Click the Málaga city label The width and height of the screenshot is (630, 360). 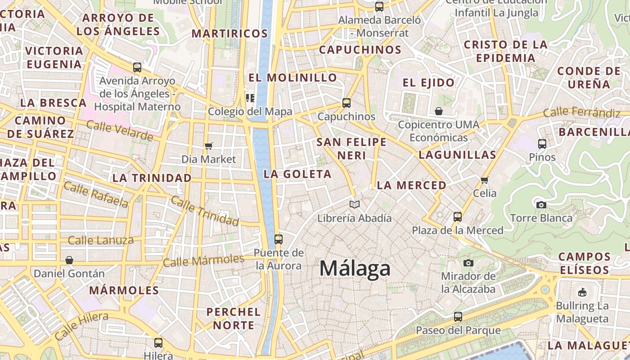click(355, 269)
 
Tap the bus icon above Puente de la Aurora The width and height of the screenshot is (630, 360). click(279, 239)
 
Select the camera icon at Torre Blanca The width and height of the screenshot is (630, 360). click(541, 205)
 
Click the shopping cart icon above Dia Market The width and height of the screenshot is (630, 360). click(208, 146)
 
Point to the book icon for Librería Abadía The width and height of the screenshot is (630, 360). click(355, 205)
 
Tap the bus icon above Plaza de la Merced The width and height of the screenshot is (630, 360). click(458, 217)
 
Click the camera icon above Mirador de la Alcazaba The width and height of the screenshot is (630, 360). click(468, 263)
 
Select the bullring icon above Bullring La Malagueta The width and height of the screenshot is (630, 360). click(582, 292)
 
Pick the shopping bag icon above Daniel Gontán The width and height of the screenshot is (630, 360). click(69, 260)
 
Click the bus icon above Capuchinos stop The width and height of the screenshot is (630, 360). click(346, 103)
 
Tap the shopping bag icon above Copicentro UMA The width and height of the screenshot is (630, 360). click(439, 111)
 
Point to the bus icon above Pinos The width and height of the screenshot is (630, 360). click(542, 144)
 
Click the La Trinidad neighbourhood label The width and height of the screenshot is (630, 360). click(152, 178)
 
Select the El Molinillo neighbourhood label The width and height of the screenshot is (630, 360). click(292, 77)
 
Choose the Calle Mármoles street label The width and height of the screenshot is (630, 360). click(203, 260)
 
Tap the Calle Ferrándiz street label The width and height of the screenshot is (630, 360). click(581, 112)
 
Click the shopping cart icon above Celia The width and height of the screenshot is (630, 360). click(485, 180)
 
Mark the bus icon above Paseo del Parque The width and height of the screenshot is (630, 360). click(458, 316)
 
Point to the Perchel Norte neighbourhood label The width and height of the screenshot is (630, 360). click(234, 318)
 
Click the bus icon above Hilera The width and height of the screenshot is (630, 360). click(158, 342)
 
